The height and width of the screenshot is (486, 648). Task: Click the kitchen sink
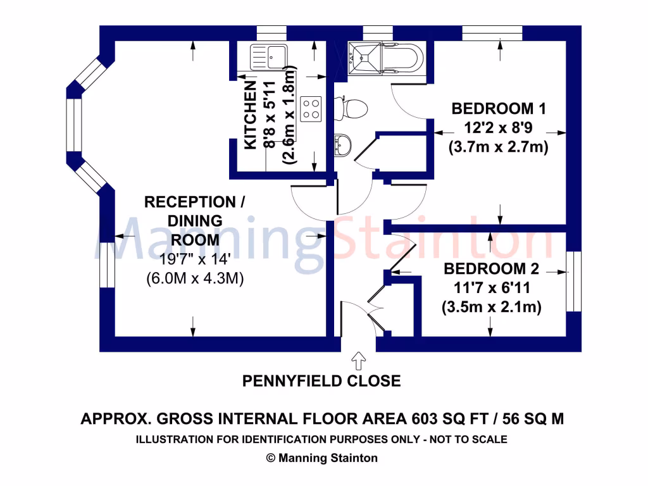(269, 56)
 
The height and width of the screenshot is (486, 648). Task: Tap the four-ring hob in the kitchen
(311, 108)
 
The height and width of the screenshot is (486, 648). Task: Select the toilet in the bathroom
(354, 108)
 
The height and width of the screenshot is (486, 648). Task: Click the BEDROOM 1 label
(498, 108)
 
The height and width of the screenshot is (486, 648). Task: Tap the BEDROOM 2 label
(491, 269)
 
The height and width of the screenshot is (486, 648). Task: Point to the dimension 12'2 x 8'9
(498, 128)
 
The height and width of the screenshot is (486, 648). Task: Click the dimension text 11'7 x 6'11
(491, 289)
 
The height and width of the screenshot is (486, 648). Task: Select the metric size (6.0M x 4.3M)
(194, 278)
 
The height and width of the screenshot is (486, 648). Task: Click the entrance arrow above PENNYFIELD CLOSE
(358, 361)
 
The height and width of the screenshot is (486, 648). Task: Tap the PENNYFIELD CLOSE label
(321, 381)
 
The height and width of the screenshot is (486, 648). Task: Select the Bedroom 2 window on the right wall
(573, 282)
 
